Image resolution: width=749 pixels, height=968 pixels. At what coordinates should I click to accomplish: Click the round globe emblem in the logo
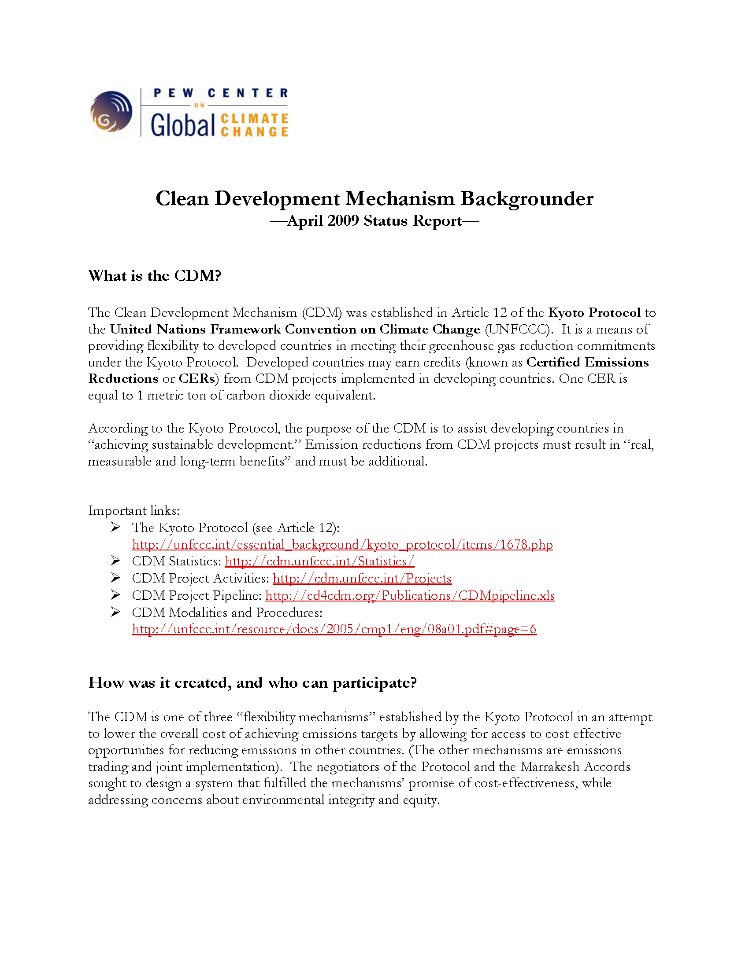point(111,112)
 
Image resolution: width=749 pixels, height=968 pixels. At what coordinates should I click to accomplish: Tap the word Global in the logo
point(182,125)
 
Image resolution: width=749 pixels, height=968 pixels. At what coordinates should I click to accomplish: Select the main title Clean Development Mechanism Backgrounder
point(374,198)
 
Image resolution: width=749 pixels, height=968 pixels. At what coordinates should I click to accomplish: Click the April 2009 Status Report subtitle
point(374,221)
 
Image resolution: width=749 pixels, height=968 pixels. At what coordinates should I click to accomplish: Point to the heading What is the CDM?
point(154,276)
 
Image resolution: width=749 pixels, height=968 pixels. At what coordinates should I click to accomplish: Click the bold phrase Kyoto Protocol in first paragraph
point(594,313)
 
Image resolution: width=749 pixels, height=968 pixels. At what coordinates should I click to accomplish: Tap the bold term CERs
point(197,379)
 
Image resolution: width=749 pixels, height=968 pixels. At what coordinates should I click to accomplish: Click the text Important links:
point(134,510)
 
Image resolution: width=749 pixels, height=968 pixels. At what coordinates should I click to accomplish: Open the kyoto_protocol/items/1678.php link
point(342,545)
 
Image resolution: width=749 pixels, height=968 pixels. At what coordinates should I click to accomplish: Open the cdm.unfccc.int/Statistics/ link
point(319,561)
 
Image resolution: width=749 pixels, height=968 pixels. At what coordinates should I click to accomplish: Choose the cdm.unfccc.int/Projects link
point(362,579)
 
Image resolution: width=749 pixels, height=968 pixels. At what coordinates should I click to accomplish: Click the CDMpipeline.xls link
point(410,596)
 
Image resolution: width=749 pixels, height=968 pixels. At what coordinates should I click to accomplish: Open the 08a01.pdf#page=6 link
point(334,629)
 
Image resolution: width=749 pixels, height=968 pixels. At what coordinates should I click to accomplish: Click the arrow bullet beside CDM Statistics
point(115,561)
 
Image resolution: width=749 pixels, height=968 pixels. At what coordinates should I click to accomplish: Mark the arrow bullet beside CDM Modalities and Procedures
point(115,612)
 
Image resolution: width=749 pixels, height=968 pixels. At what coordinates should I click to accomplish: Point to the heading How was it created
point(252,682)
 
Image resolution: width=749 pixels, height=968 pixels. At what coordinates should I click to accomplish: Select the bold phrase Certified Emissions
point(587,363)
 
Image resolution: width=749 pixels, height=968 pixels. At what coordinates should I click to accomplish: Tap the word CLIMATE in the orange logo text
point(254,119)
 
